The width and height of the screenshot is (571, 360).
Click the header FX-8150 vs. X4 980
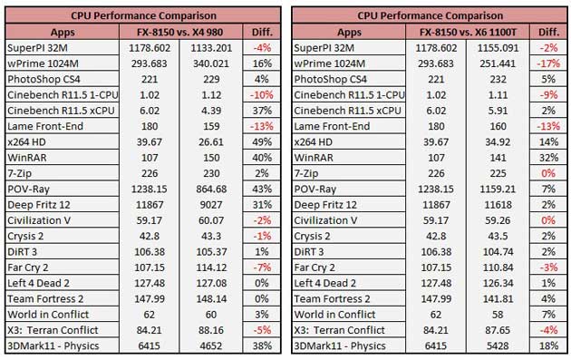point(179,32)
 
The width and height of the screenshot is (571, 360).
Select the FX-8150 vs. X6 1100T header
point(468,32)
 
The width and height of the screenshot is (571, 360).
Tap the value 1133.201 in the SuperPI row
point(211,48)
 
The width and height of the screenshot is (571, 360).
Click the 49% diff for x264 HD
point(262,141)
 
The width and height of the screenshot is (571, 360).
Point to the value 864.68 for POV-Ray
point(211,189)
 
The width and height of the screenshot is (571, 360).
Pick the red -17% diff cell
point(548,63)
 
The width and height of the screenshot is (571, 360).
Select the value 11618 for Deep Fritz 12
point(498,204)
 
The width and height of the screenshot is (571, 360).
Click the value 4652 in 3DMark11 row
point(211,345)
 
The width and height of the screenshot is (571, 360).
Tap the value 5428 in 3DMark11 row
point(498,345)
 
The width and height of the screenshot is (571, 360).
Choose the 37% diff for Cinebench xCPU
point(262,111)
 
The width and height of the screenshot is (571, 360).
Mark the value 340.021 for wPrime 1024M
point(211,63)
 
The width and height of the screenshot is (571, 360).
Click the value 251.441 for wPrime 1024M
point(498,63)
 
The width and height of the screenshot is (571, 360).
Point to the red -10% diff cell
point(261,94)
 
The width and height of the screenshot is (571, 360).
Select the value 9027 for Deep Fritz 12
point(211,204)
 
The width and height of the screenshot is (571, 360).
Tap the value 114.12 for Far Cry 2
point(211,268)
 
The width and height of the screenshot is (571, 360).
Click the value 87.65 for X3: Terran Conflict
point(498,330)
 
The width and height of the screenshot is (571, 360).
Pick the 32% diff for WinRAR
point(548,158)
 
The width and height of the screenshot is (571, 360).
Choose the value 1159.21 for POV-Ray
point(498,189)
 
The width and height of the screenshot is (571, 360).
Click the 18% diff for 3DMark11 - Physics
point(548,345)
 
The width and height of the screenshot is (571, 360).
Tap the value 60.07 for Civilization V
point(211,220)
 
